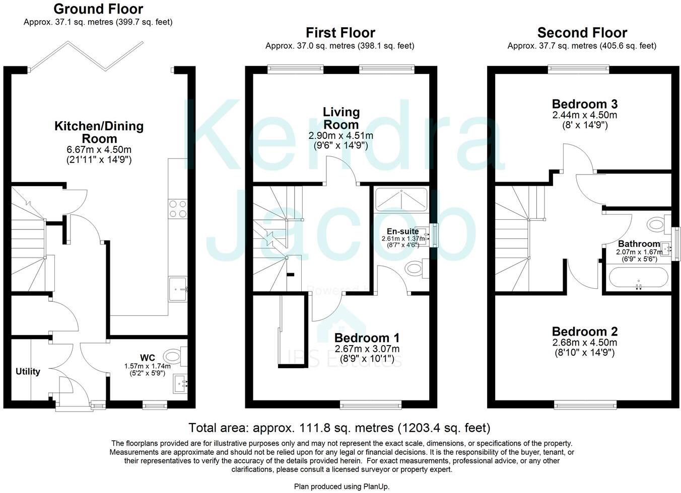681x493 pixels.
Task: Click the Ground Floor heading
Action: [98, 9]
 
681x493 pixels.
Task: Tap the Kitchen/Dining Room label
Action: [99, 132]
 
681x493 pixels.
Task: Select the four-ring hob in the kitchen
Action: [178, 209]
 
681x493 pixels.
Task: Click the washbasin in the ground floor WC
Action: [180, 384]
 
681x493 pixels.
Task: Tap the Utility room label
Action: [28, 372]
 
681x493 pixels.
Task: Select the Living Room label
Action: [341, 118]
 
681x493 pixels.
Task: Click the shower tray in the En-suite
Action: [401, 200]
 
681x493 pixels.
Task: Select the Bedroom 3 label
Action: [585, 104]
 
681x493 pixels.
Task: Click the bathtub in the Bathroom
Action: [639, 278]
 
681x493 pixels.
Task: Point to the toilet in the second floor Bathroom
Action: [658, 223]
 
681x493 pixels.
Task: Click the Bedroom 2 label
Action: [585, 332]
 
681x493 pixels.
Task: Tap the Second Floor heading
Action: [582, 33]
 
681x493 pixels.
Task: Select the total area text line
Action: [339, 428]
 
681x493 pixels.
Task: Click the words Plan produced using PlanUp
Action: [342, 486]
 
